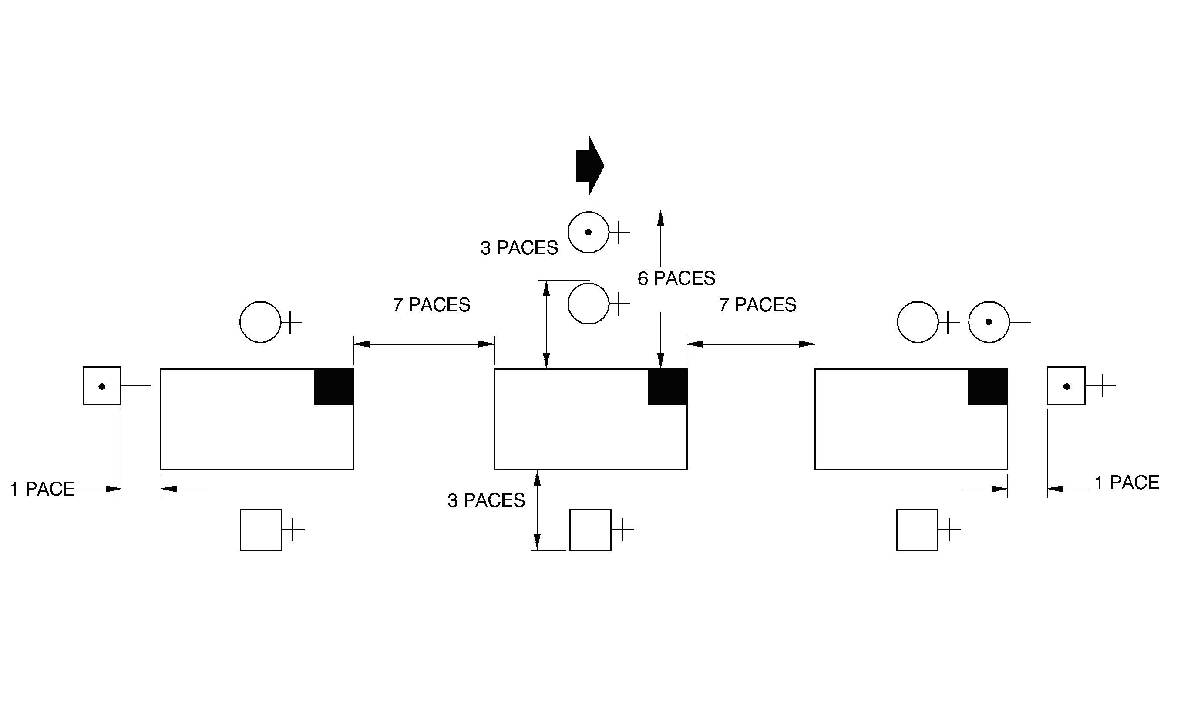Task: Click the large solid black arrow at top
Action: tap(589, 166)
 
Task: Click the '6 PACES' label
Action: tap(676, 279)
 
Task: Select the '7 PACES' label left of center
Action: tap(431, 305)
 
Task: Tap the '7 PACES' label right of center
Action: tap(757, 305)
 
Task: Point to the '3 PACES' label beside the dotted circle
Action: tap(519, 248)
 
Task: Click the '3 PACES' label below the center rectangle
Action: tap(486, 501)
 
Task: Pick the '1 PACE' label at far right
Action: tap(1127, 483)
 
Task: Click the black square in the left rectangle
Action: tap(334, 387)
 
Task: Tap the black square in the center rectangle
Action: tap(667, 387)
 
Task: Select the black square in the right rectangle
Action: tap(988, 387)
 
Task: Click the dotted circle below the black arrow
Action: tap(588, 232)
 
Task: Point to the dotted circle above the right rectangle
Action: tap(989, 322)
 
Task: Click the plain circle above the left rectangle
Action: tap(260, 322)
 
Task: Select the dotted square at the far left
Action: tap(102, 386)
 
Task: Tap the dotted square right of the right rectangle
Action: tap(1066, 386)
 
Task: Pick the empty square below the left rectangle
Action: tap(260, 530)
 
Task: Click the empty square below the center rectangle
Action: tap(590, 530)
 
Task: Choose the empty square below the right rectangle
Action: tap(917, 530)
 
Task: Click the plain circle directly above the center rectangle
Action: tap(588, 304)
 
